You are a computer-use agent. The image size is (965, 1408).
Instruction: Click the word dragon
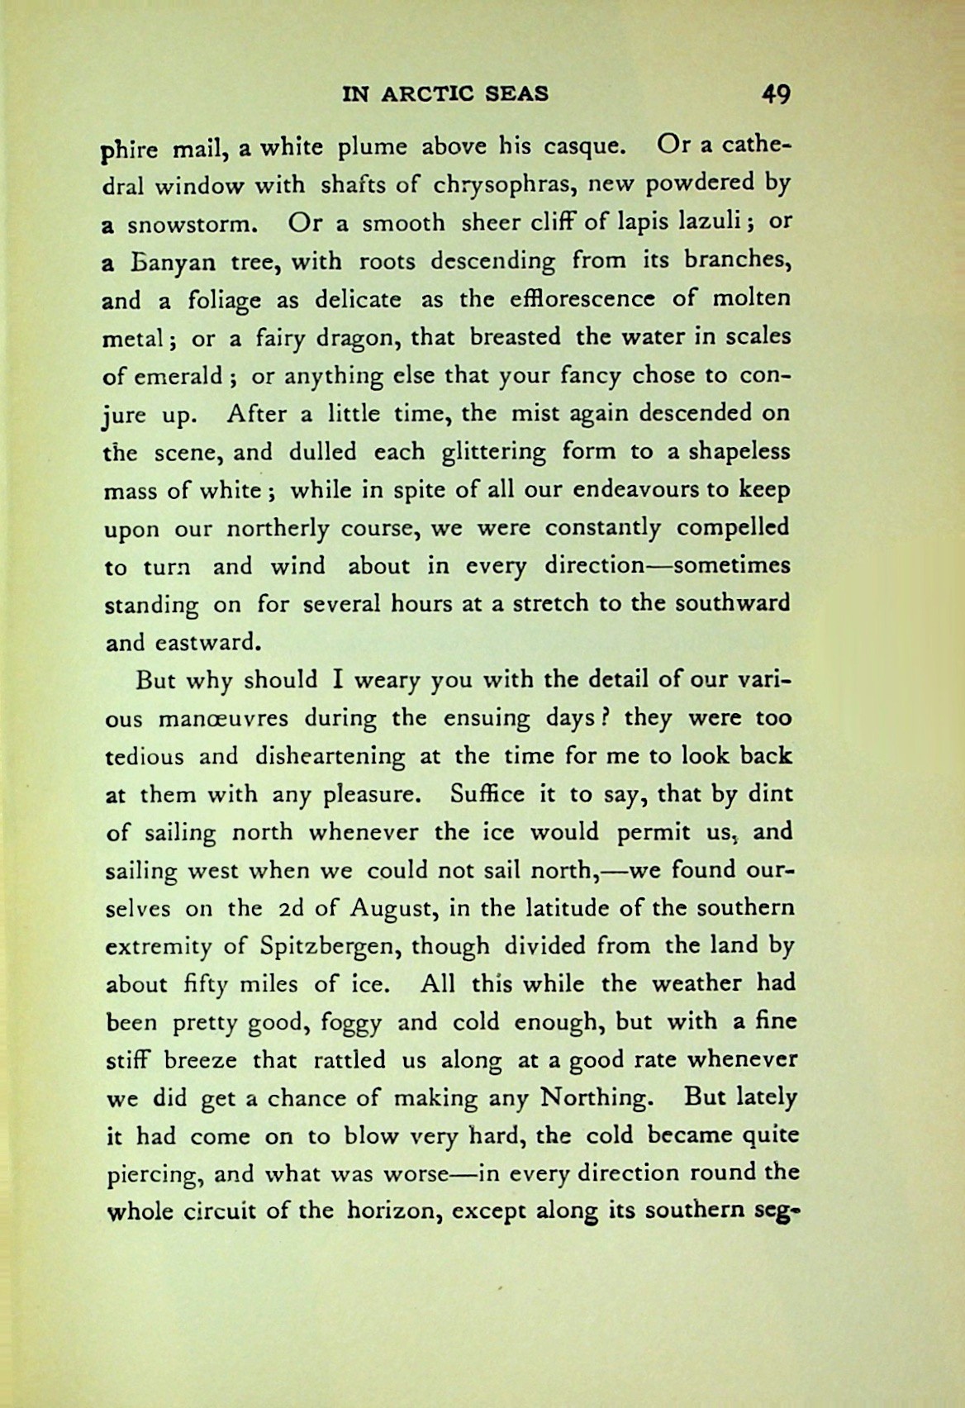354,338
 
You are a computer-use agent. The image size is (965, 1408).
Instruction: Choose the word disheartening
330,756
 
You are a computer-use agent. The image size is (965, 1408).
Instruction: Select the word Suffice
487,794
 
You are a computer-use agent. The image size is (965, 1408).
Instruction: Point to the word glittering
494,453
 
